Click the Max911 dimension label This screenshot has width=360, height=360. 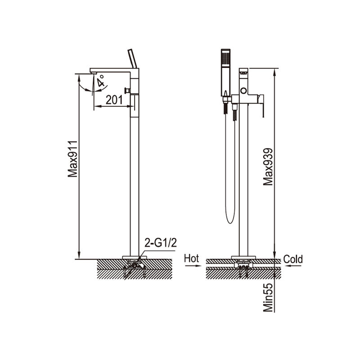coord(73,159)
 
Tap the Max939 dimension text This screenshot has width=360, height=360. coord(268,166)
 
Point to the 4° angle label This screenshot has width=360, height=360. coord(100,81)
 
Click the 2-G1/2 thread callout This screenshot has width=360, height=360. coord(161,243)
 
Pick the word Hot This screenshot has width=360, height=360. coord(191,259)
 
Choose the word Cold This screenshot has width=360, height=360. coord(293,259)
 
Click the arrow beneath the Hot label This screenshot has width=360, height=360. coord(193,266)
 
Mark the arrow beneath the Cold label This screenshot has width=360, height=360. coord(293,266)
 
